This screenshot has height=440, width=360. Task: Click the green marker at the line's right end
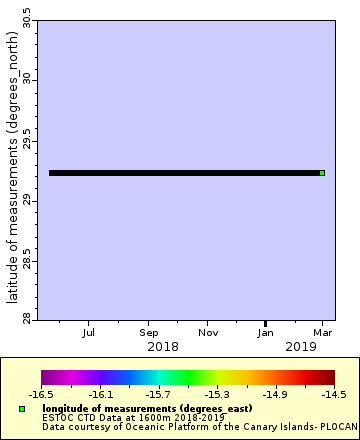coord(322,173)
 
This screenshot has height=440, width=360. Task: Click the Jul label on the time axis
coord(89,331)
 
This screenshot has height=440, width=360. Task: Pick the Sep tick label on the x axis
coord(149,331)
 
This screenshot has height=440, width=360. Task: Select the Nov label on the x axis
coord(208,331)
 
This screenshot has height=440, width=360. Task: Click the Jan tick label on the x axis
coord(266,331)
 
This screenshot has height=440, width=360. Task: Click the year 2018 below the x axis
coord(163,346)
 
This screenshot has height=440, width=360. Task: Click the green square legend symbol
coord(22,409)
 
